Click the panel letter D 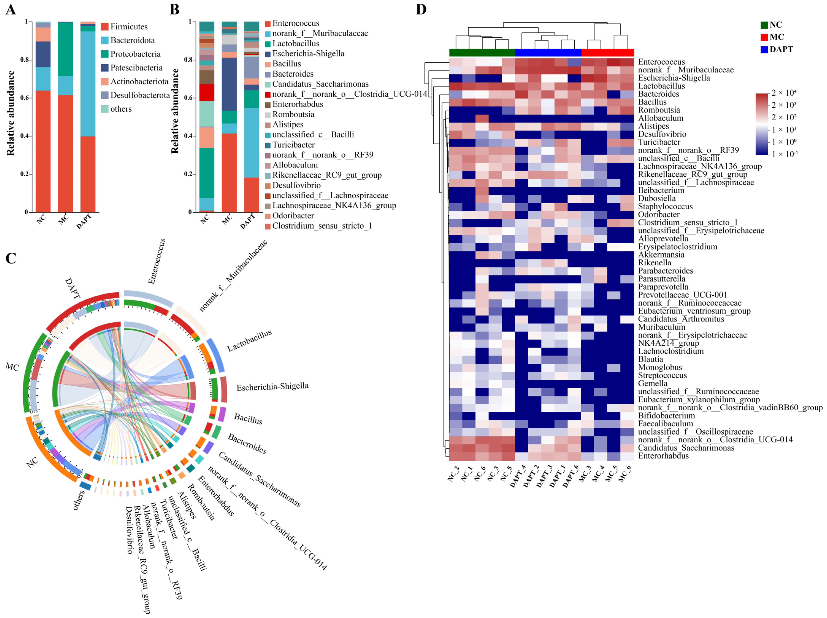421,9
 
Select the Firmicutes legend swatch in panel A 105,27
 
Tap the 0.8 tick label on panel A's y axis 24,60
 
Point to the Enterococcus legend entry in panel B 295,23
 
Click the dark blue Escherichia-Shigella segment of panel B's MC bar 229,84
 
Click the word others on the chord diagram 78,500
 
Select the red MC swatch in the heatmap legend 764,37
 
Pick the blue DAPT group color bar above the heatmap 548,52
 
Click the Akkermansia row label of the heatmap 661,255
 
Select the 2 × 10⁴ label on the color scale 784,93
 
